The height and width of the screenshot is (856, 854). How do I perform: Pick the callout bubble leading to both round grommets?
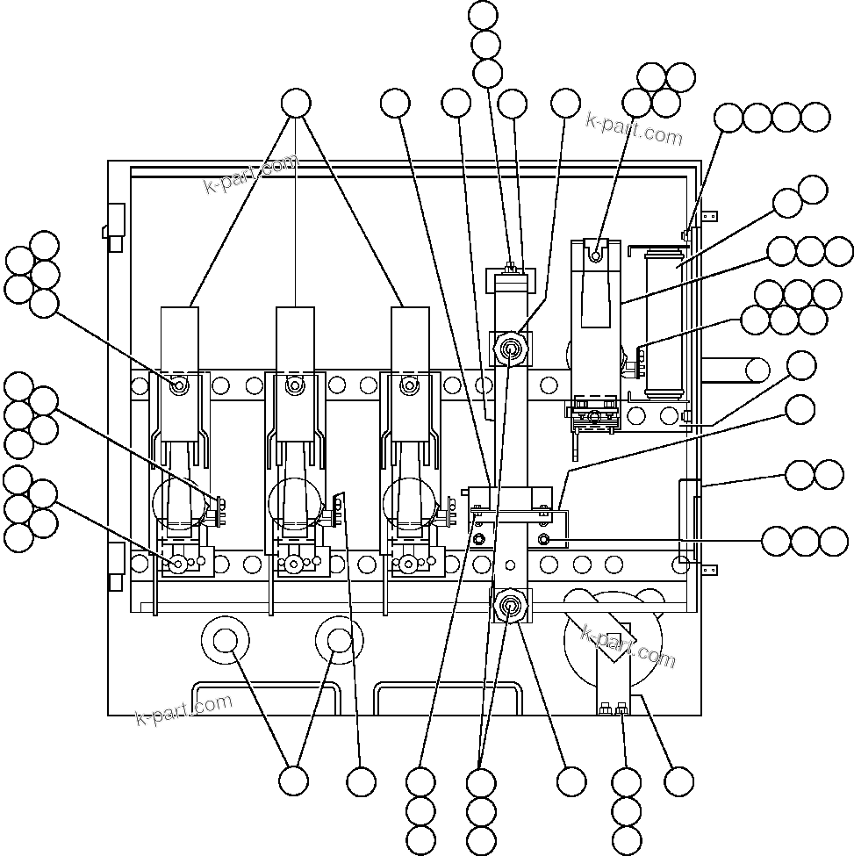pyautogui.click(x=293, y=780)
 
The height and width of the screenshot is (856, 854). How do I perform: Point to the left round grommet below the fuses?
pyautogui.click(x=224, y=641)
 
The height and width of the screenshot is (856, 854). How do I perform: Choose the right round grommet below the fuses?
pyautogui.click(x=340, y=641)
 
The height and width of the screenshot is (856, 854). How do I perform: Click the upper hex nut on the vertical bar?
pyautogui.click(x=510, y=350)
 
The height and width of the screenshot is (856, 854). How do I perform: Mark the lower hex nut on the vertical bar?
pyautogui.click(x=509, y=605)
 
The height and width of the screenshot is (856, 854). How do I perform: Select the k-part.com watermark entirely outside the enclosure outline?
pyautogui.click(x=635, y=129)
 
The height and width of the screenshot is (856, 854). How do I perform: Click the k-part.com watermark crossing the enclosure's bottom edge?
pyautogui.click(x=184, y=709)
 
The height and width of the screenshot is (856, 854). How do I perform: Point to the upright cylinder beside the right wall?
pyautogui.click(x=663, y=323)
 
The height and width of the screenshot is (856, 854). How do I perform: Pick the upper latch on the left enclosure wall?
pyautogui.click(x=115, y=225)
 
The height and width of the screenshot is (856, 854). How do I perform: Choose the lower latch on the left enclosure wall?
pyautogui.click(x=115, y=565)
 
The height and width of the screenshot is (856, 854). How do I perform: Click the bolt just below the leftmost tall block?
pyautogui.click(x=178, y=385)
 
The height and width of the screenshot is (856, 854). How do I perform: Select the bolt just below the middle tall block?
pyautogui.click(x=295, y=385)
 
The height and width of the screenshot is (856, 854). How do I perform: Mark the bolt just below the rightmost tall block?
pyautogui.click(x=406, y=385)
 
